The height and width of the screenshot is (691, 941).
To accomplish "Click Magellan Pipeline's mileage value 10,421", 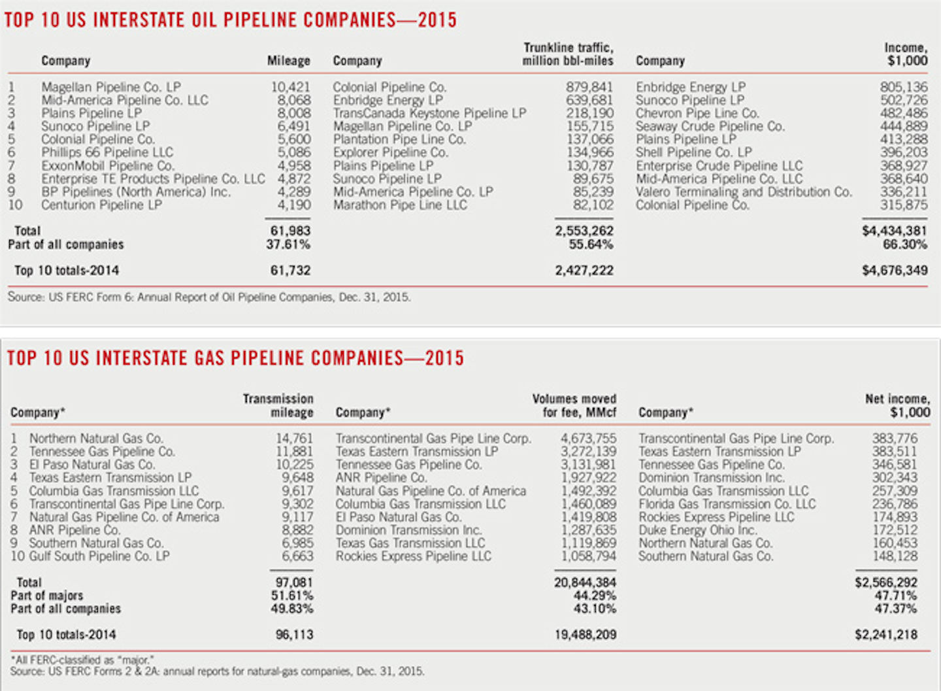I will click(291, 87).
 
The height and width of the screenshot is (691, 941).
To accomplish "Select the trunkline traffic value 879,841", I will click(589, 87).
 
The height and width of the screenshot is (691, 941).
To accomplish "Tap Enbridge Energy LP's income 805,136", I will click(904, 87).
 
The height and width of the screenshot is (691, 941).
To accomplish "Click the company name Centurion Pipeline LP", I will click(101, 205).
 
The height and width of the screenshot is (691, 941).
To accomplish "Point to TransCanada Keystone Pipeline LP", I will click(429, 113).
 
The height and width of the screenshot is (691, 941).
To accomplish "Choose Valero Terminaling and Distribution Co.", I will click(744, 192).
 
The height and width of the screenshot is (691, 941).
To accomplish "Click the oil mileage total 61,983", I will click(291, 231).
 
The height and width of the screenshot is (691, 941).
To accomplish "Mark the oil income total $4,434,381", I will click(895, 231).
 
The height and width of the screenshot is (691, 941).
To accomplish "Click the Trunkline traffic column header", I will click(568, 54).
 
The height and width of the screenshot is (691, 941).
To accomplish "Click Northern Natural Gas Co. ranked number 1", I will click(96, 439).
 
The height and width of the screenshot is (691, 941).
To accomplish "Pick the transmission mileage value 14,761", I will click(294, 439).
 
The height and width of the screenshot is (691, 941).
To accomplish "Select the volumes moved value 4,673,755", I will click(588, 439).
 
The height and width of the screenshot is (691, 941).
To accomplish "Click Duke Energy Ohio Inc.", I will click(697, 530).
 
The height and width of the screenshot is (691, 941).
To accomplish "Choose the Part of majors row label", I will click(47, 596).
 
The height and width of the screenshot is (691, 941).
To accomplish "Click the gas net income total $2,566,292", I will click(886, 582).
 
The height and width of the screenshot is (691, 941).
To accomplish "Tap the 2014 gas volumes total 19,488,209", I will click(586, 635).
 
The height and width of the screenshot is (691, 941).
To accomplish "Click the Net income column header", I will click(897, 405).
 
